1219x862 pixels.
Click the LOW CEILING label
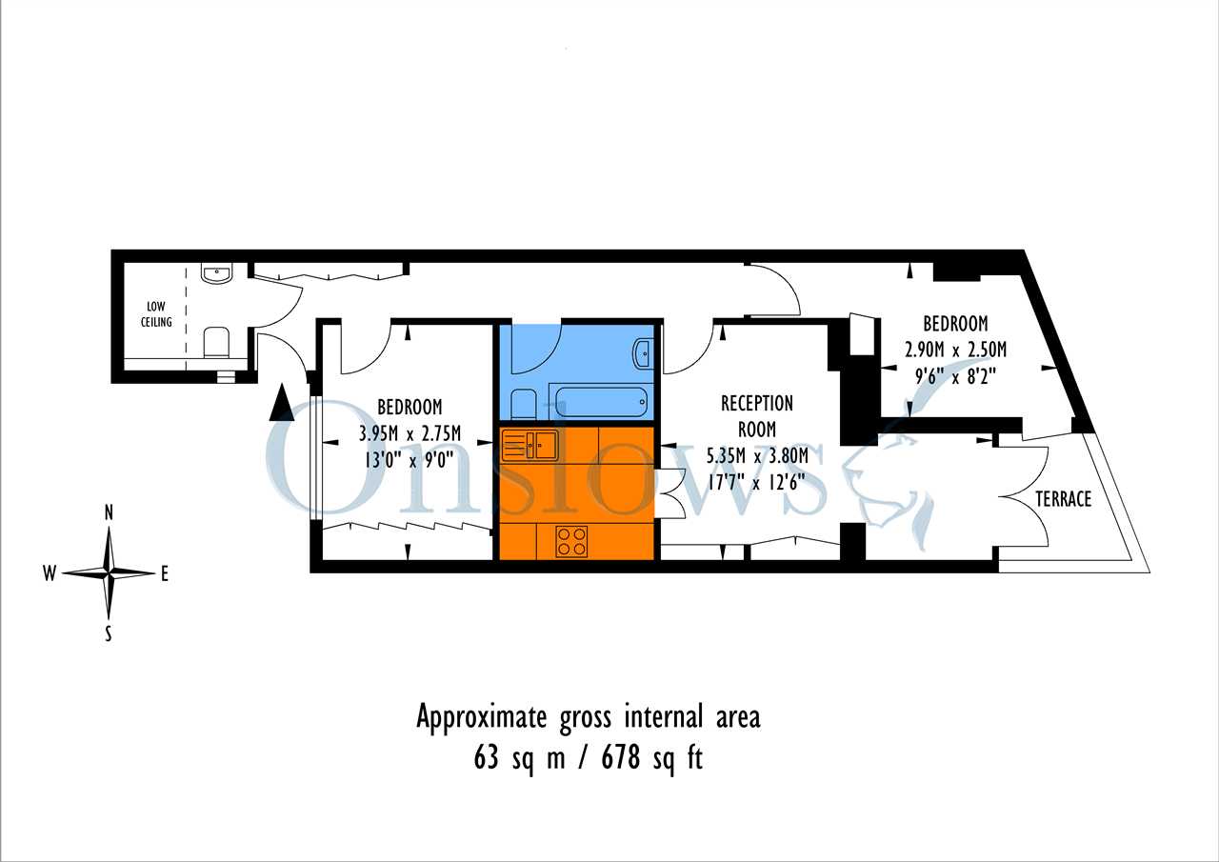click(x=156, y=314)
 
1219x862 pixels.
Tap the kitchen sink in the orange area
click(x=530, y=445)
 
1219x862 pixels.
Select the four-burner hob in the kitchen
click(x=571, y=541)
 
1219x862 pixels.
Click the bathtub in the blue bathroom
click(x=600, y=402)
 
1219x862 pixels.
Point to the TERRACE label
click(x=1064, y=499)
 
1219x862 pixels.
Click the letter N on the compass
click(x=109, y=512)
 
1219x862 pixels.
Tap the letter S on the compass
click(x=109, y=633)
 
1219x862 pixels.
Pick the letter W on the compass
click(x=50, y=573)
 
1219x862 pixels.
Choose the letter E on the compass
click(x=165, y=573)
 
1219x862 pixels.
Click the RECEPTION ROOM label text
click(x=757, y=416)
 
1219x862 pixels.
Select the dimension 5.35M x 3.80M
click(x=757, y=455)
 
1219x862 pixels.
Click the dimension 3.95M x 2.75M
click(x=410, y=433)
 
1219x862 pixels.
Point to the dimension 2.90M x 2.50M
click(x=955, y=350)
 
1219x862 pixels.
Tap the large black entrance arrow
click(x=281, y=403)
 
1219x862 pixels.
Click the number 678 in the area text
click(x=620, y=757)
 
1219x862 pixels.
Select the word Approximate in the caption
click(x=482, y=718)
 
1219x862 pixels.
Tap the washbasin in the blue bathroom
click(x=644, y=352)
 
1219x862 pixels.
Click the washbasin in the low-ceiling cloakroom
click(x=216, y=273)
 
